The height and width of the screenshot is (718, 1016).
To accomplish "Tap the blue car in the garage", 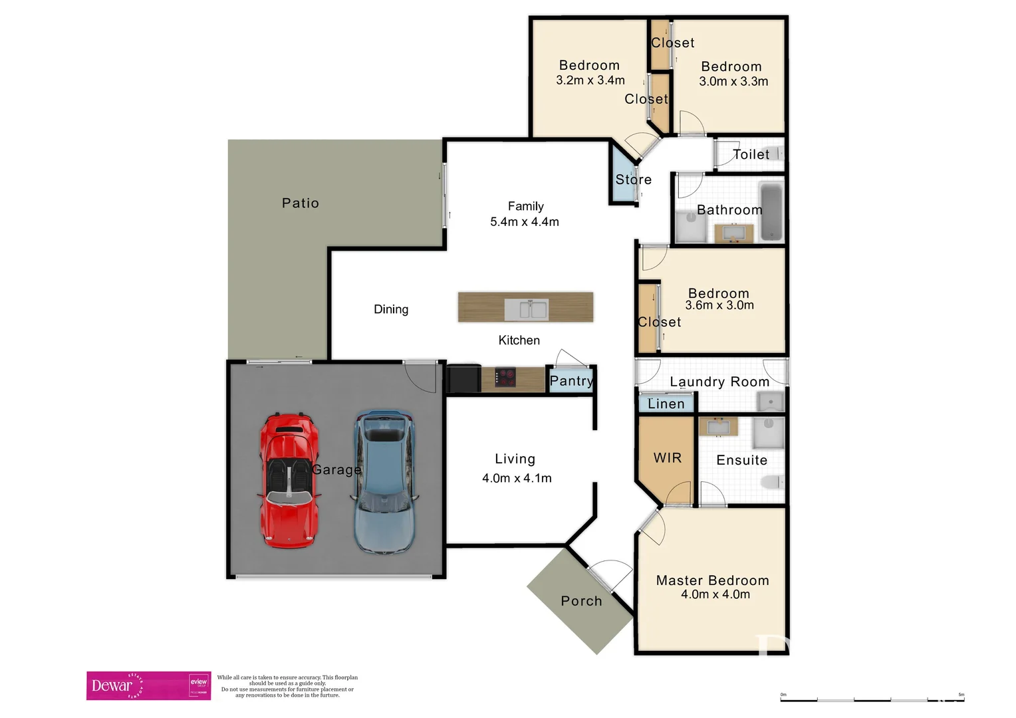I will coord(384,482).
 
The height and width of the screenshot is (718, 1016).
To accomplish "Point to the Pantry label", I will coord(571,381).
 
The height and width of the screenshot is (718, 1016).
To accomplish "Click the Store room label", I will coord(633,179).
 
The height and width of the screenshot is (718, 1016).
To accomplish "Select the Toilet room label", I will coord(751,154).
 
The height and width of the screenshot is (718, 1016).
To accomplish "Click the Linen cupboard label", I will coord(666,404).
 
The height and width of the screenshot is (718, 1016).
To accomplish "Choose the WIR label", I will coord(668,458).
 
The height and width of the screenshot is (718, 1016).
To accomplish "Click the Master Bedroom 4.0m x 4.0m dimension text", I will coord(715,595).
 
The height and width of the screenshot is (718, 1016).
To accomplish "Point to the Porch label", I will coord(581,601).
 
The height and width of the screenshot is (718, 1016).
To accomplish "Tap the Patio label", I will coord(301,203).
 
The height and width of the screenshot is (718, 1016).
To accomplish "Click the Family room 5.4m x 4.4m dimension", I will coord(525,222).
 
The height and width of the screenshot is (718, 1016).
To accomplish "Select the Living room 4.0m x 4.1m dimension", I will coord(517,478).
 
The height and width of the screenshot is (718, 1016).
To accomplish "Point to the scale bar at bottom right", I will coord(872,699).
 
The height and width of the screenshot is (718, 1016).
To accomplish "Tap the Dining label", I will coord(391,309).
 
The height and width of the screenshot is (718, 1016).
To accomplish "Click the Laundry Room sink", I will coord(771,402).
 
